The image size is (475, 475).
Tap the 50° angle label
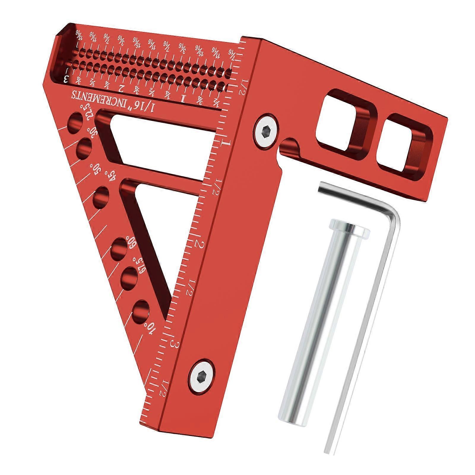point(98,172)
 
